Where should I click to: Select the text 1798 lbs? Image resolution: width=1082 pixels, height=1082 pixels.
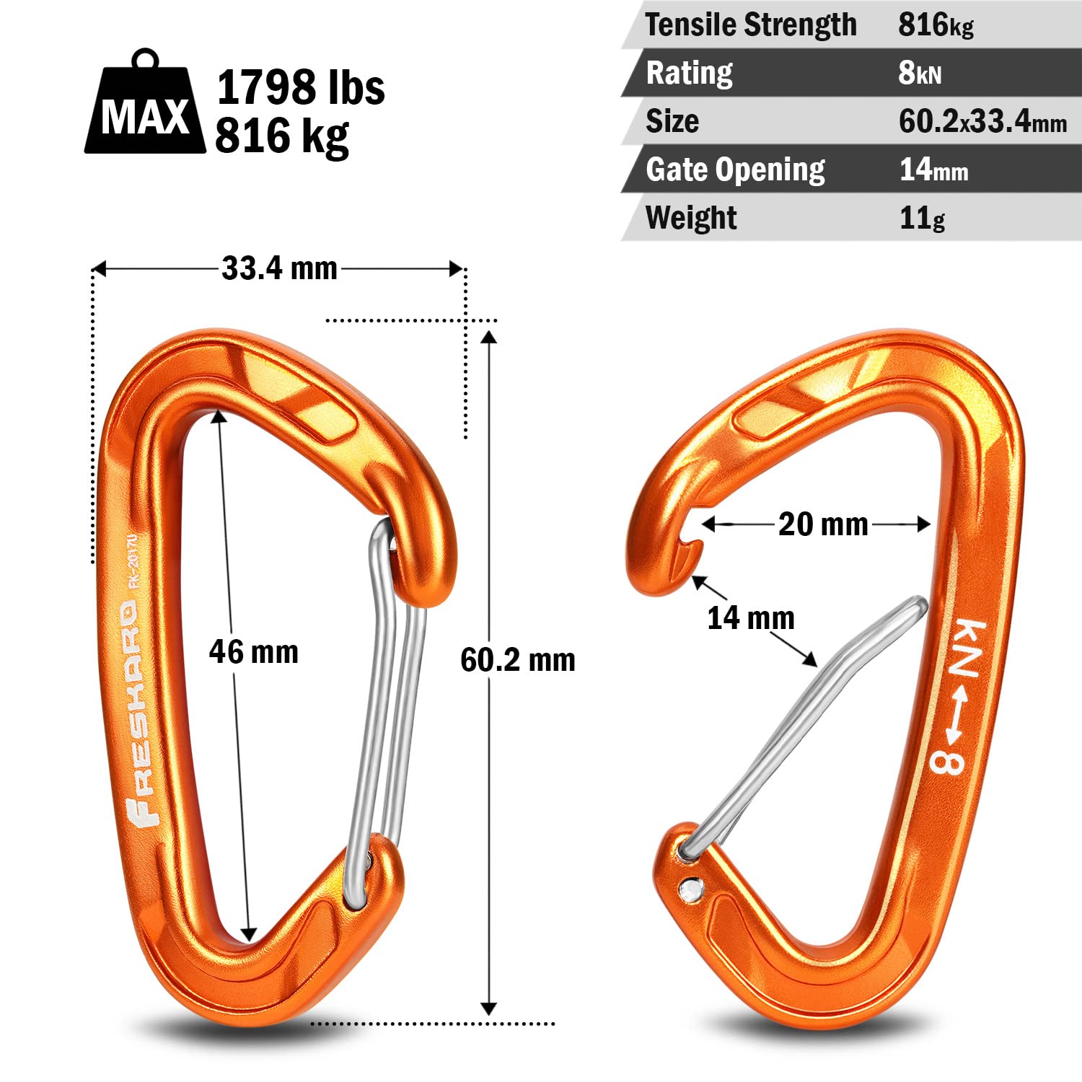301,87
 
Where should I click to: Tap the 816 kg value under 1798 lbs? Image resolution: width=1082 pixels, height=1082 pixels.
282,136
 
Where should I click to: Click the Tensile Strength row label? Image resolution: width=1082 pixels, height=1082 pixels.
751,25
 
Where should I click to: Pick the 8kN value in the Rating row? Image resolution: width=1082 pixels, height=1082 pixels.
920,73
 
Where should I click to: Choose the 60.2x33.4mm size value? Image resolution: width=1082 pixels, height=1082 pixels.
982,121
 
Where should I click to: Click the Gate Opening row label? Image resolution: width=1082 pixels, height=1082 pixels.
735,170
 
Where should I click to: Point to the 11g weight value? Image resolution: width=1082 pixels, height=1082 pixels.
922,218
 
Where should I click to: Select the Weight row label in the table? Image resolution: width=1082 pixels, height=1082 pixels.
691,218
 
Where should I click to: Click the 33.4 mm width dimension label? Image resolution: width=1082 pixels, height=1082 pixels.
280,268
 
